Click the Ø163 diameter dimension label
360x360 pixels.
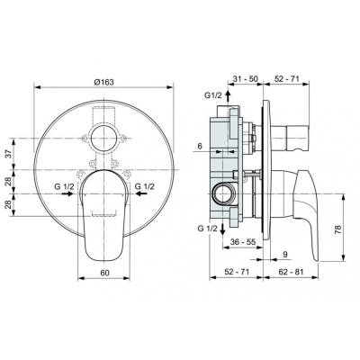click(x=103, y=82)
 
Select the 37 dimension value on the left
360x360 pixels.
click(x=10, y=154)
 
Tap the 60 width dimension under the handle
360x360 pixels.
click(x=104, y=273)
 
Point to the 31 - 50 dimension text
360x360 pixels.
click(x=246, y=79)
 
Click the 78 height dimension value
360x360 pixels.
click(x=337, y=230)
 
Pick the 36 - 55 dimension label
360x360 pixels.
click(x=243, y=242)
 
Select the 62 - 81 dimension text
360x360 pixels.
click(x=291, y=272)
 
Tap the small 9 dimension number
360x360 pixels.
click(x=285, y=255)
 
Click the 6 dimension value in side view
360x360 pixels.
click(x=200, y=146)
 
